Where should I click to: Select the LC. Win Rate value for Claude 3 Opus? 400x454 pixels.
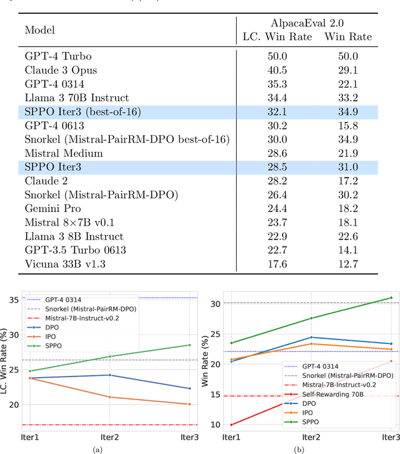[x=271, y=71]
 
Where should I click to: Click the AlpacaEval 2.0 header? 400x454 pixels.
[x=307, y=23]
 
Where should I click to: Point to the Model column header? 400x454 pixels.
[x=39, y=29]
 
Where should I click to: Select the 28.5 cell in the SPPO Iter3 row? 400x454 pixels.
[x=271, y=167]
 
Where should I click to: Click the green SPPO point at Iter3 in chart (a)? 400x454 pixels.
[x=190, y=345]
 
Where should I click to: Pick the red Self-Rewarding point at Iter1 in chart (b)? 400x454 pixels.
[x=231, y=425]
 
